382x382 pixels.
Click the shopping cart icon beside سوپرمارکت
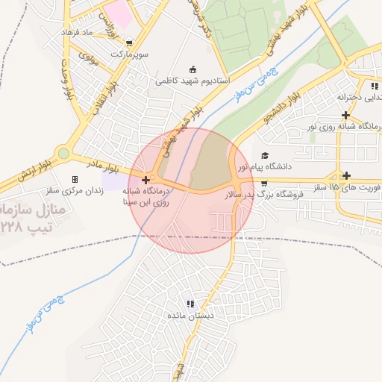tap(131, 43)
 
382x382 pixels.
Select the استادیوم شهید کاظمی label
tap(192, 79)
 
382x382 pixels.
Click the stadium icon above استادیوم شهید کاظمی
tap(192, 69)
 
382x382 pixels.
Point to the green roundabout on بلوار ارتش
tap(63, 154)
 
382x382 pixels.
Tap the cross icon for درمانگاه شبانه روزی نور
tap(345, 115)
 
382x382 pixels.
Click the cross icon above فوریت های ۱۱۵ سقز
tap(346, 175)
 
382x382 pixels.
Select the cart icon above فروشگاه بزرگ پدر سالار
tap(264, 184)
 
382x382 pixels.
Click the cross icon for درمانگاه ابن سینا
tap(145, 180)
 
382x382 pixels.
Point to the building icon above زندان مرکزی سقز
tap(75, 179)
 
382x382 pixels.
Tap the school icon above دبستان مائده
tap(190, 304)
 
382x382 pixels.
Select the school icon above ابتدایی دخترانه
tap(373, 87)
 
